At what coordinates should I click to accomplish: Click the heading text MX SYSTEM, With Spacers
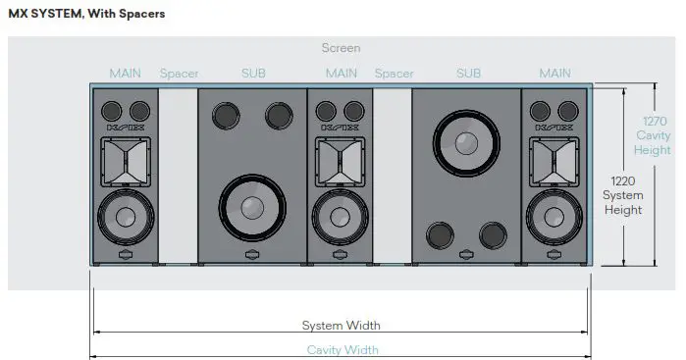[x=86, y=15]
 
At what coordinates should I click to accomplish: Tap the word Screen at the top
[x=341, y=47]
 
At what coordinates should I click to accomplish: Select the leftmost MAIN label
[x=125, y=74]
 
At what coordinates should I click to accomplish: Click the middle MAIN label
[x=341, y=74]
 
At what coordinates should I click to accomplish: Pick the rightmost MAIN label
[x=555, y=74]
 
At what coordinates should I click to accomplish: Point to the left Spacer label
[x=179, y=74]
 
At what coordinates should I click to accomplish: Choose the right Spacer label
[x=394, y=74]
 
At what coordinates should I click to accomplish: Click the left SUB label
[x=252, y=74]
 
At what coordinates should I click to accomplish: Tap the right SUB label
[x=467, y=74]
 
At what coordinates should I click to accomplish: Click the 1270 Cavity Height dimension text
[x=653, y=135]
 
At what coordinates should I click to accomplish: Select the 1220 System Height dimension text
[x=623, y=195]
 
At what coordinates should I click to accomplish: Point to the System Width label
[x=341, y=326]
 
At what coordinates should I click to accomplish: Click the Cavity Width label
[x=341, y=349]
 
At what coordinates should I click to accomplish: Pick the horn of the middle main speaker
[x=341, y=158]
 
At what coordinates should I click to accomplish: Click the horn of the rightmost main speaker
[x=555, y=158]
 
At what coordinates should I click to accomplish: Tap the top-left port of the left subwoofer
[x=225, y=115]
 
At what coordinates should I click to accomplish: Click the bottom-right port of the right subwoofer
[x=493, y=235]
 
